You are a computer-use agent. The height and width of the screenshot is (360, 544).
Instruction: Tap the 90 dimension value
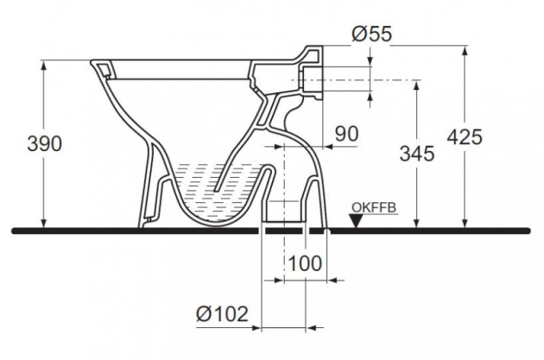[x=345, y=134]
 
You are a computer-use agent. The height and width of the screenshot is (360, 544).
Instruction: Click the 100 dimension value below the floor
[x=305, y=262]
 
